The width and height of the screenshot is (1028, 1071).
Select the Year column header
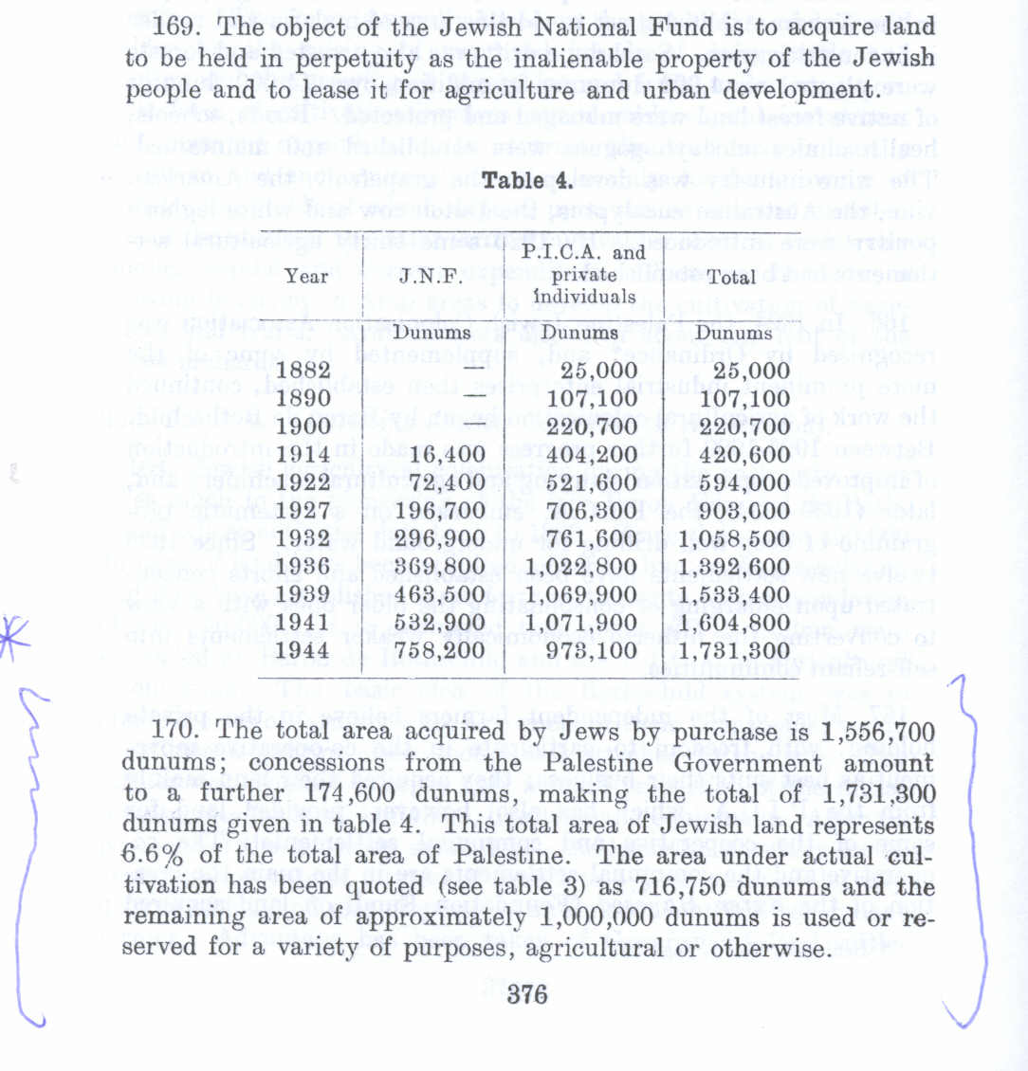[306, 277]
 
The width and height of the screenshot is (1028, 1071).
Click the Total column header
[731, 277]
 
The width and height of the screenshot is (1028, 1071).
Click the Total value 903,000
[744, 511]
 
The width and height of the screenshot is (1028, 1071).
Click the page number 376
[528, 994]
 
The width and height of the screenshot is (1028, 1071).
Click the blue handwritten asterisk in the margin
[16, 633]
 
